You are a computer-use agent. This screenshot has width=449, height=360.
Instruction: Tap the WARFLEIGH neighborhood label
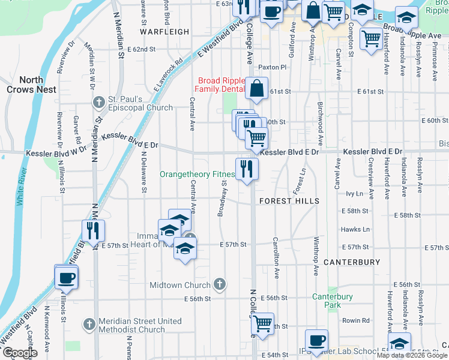click(x=160, y=31)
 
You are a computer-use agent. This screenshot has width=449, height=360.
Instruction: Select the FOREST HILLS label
click(x=289, y=201)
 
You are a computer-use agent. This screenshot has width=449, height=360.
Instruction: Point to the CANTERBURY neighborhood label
click(x=352, y=262)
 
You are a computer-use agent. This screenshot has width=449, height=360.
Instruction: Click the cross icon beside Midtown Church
click(x=220, y=285)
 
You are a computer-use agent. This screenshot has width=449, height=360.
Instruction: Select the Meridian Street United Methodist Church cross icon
click(x=89, y=325)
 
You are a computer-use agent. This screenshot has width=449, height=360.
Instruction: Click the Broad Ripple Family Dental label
click(x=221, y=85)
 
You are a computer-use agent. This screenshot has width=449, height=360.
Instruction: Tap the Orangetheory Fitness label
click(x=197, y=175)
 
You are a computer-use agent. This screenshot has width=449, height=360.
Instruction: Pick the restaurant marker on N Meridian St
click(x=93, y=230)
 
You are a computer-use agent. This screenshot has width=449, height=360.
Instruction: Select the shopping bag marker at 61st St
click(x=257, y=89)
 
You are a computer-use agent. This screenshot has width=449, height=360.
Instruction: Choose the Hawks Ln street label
click(x=354, y=229)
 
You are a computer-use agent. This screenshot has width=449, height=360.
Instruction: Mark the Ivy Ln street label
click(x=355, y=194)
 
